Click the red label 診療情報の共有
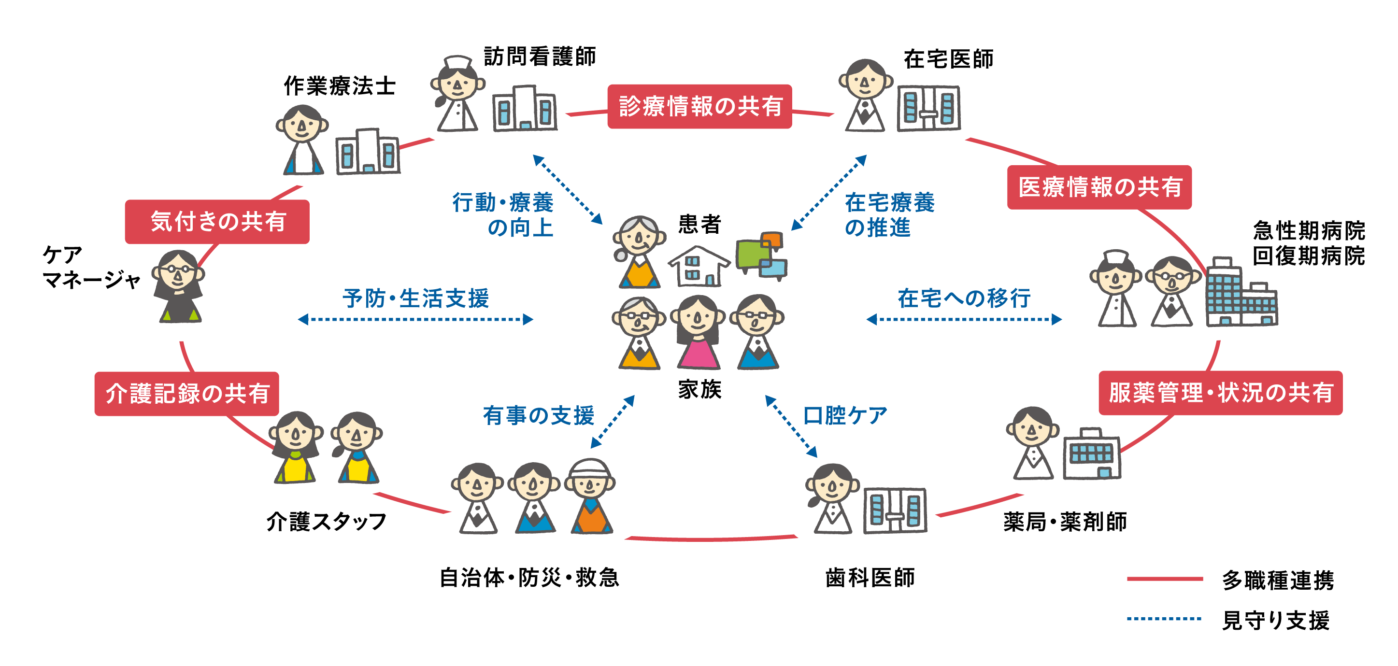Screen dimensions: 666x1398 (699, 106)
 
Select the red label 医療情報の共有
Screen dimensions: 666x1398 (1099, 187)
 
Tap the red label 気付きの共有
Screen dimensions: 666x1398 (217, 222)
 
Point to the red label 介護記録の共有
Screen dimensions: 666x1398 (186, 394)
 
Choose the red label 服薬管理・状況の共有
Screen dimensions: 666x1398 (1220, 393)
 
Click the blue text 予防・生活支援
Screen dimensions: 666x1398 (416, 298)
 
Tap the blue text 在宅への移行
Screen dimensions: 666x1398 (964, 298)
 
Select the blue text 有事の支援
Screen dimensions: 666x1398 (538, 415)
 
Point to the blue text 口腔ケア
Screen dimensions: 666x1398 (844, 415)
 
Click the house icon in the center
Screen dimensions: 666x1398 (699, 266)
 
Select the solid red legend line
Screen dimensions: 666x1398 (1165, 579)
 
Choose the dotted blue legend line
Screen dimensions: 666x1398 (1165, 619)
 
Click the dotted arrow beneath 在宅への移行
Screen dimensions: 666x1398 (964, 320)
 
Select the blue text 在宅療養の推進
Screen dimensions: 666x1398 (889, 214)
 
